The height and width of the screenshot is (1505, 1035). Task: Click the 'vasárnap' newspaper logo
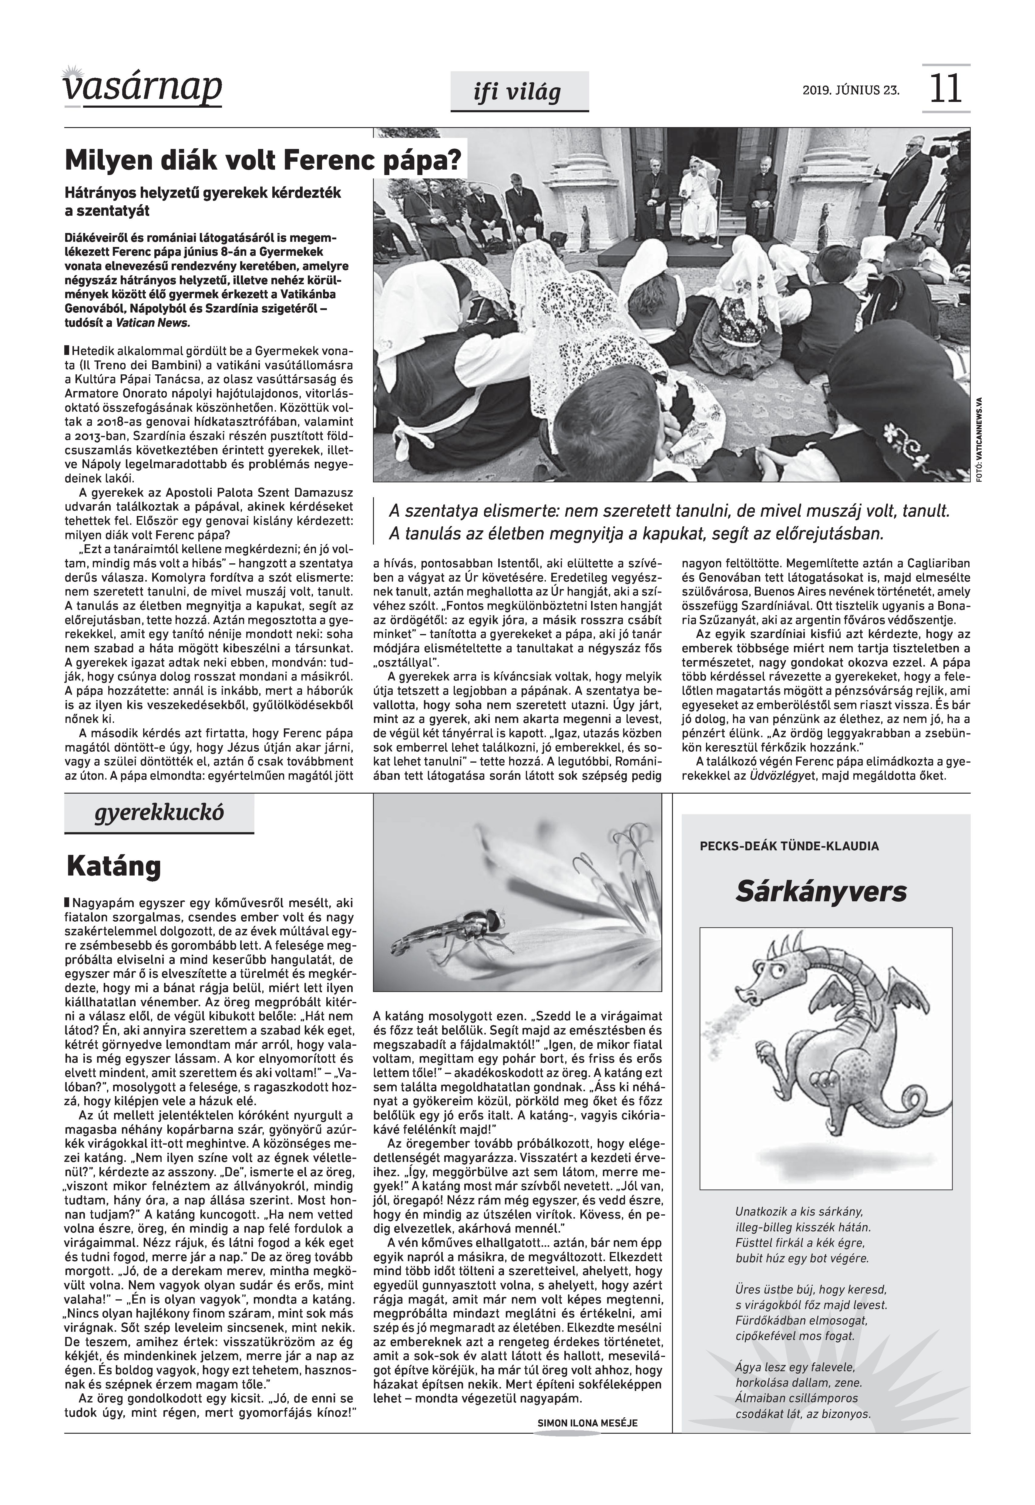coord(143,87)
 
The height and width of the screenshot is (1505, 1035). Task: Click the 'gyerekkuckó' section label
coord(159,812)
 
